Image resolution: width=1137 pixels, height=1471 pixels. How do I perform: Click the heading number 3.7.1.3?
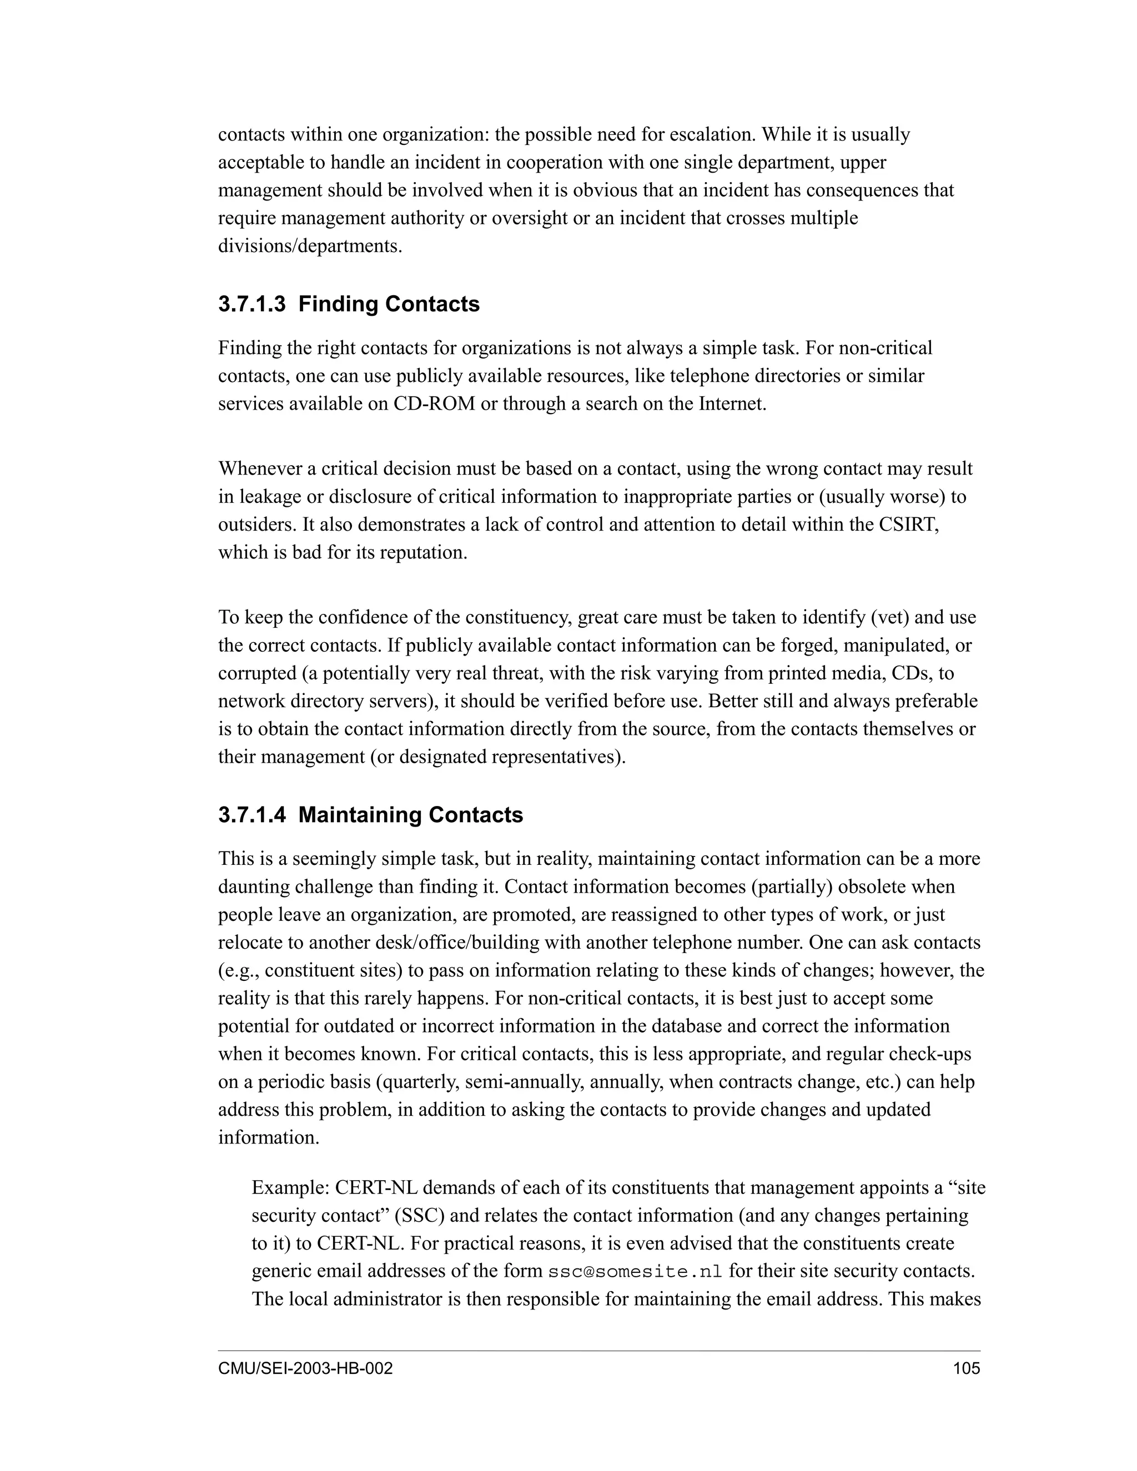[x=251, y=304]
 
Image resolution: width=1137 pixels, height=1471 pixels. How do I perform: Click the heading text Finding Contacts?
[x=389, y=304]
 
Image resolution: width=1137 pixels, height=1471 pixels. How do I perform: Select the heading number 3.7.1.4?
[x=251, y=815]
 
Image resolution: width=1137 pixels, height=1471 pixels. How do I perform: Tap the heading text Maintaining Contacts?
[x=410, y=815]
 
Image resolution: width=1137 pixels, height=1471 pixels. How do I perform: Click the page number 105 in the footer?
[x=967, y=1369]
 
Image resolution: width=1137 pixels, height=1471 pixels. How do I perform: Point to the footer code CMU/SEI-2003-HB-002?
[x=305, y=1369]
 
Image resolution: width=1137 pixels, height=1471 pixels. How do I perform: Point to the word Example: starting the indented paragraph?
[x=290, y=1187]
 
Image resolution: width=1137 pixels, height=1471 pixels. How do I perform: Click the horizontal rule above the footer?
[x=599, y=1351]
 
